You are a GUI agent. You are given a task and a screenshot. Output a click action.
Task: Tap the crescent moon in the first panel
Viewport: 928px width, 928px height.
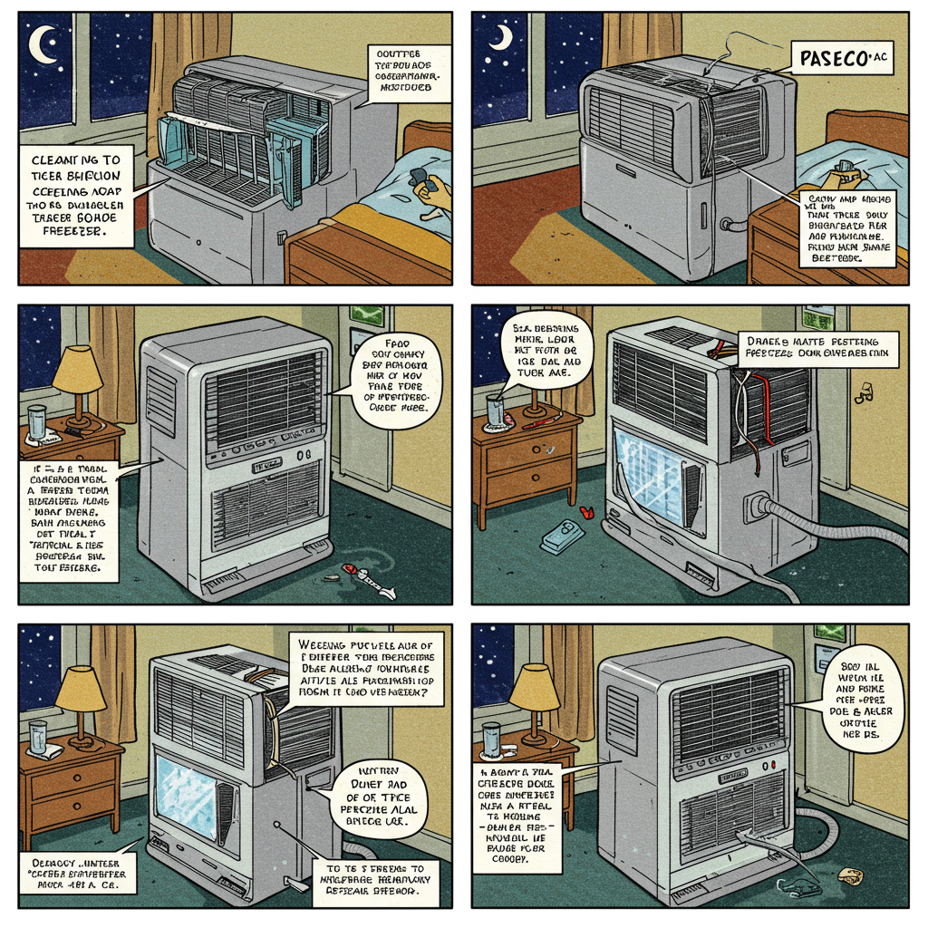click(x=42, y=43)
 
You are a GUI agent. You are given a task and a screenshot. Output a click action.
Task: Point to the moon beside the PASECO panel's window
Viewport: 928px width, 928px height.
click(x=501, y=36)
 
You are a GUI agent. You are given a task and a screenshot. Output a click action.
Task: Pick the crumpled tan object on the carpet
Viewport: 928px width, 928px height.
click(x=850, y=875)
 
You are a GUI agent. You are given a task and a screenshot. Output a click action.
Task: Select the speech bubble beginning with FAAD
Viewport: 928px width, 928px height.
click(x=396, y=382)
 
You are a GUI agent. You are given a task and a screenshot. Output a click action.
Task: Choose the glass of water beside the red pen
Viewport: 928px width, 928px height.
click(x=495, y=410)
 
